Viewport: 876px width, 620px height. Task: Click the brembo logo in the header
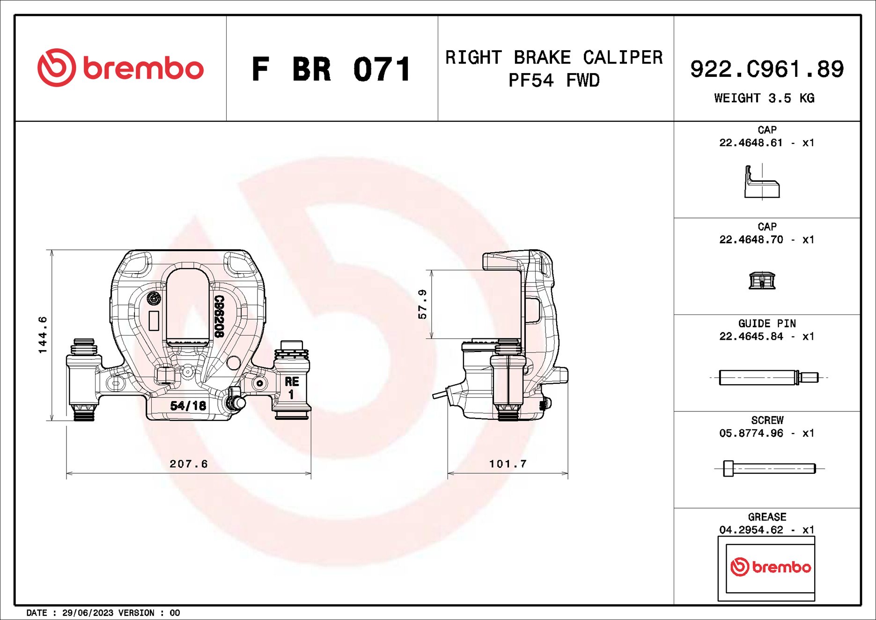(120, 68)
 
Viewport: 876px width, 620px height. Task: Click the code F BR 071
(331, 69)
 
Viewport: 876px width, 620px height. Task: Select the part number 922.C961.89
(766, 69)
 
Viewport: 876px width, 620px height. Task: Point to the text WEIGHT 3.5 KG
(764, 98)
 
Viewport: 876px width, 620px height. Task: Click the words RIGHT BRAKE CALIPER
(554, 58)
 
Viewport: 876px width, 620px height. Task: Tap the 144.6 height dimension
(43, 335)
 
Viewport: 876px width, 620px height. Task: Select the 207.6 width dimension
(188, 464)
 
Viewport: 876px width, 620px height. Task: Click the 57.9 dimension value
(422, 304)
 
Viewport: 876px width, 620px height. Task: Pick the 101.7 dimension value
(508, 464)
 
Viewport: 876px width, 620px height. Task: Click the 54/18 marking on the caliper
(188, 405)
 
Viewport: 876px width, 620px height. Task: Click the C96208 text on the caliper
(219, 316)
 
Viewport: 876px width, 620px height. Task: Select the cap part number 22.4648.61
(751, 143)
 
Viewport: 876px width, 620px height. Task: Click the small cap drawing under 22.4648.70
(762, 281)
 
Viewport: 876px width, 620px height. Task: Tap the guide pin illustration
(768, 377)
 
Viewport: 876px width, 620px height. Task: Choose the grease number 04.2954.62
(751, 530)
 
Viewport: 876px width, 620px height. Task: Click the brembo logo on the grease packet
(770, 567)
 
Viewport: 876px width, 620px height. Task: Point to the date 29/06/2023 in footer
(88, 613)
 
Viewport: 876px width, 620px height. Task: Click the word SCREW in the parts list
(767, 420)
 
